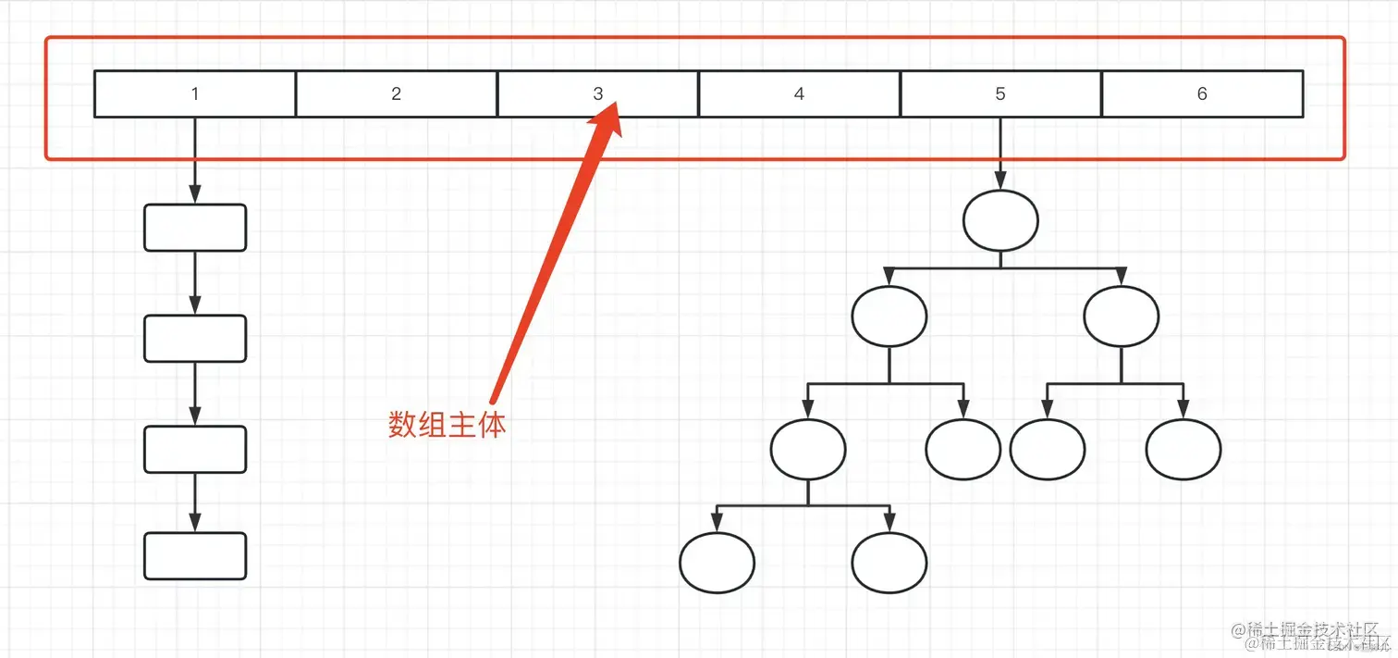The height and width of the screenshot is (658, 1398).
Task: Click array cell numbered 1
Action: (x=195, y=93)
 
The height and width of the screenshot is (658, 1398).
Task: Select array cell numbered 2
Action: (x=397, y=93)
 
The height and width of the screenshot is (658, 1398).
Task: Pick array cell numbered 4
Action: (x=799, y=93)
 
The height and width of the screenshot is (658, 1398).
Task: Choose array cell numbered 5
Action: (x=1000, y=93)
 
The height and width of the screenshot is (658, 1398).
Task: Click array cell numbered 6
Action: (x=1202, y=93)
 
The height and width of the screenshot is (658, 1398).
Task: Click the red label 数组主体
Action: (x=447, y=425)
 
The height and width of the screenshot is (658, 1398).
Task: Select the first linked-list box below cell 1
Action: (x=195, y=228)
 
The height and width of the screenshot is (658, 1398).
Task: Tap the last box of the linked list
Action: (x=195, y=556)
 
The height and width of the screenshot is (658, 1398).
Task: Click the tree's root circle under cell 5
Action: (x=1000, y=220)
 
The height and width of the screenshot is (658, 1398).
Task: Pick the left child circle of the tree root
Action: (x=889, y=317)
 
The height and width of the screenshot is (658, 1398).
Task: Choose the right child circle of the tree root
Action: (x=1121, y=317)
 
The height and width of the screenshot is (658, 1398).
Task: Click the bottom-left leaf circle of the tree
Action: (x=717, y=562)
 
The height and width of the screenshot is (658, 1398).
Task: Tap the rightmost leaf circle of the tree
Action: (x=1183, y=450)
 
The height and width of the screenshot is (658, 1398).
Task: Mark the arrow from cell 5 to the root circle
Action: (x=1000, y=154)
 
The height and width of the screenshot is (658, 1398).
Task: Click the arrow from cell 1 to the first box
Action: (x=195, y=161)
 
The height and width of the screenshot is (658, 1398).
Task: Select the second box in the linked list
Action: (x=195, y=339)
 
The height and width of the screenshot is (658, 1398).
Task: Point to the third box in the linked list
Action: (x=195, y=450)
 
